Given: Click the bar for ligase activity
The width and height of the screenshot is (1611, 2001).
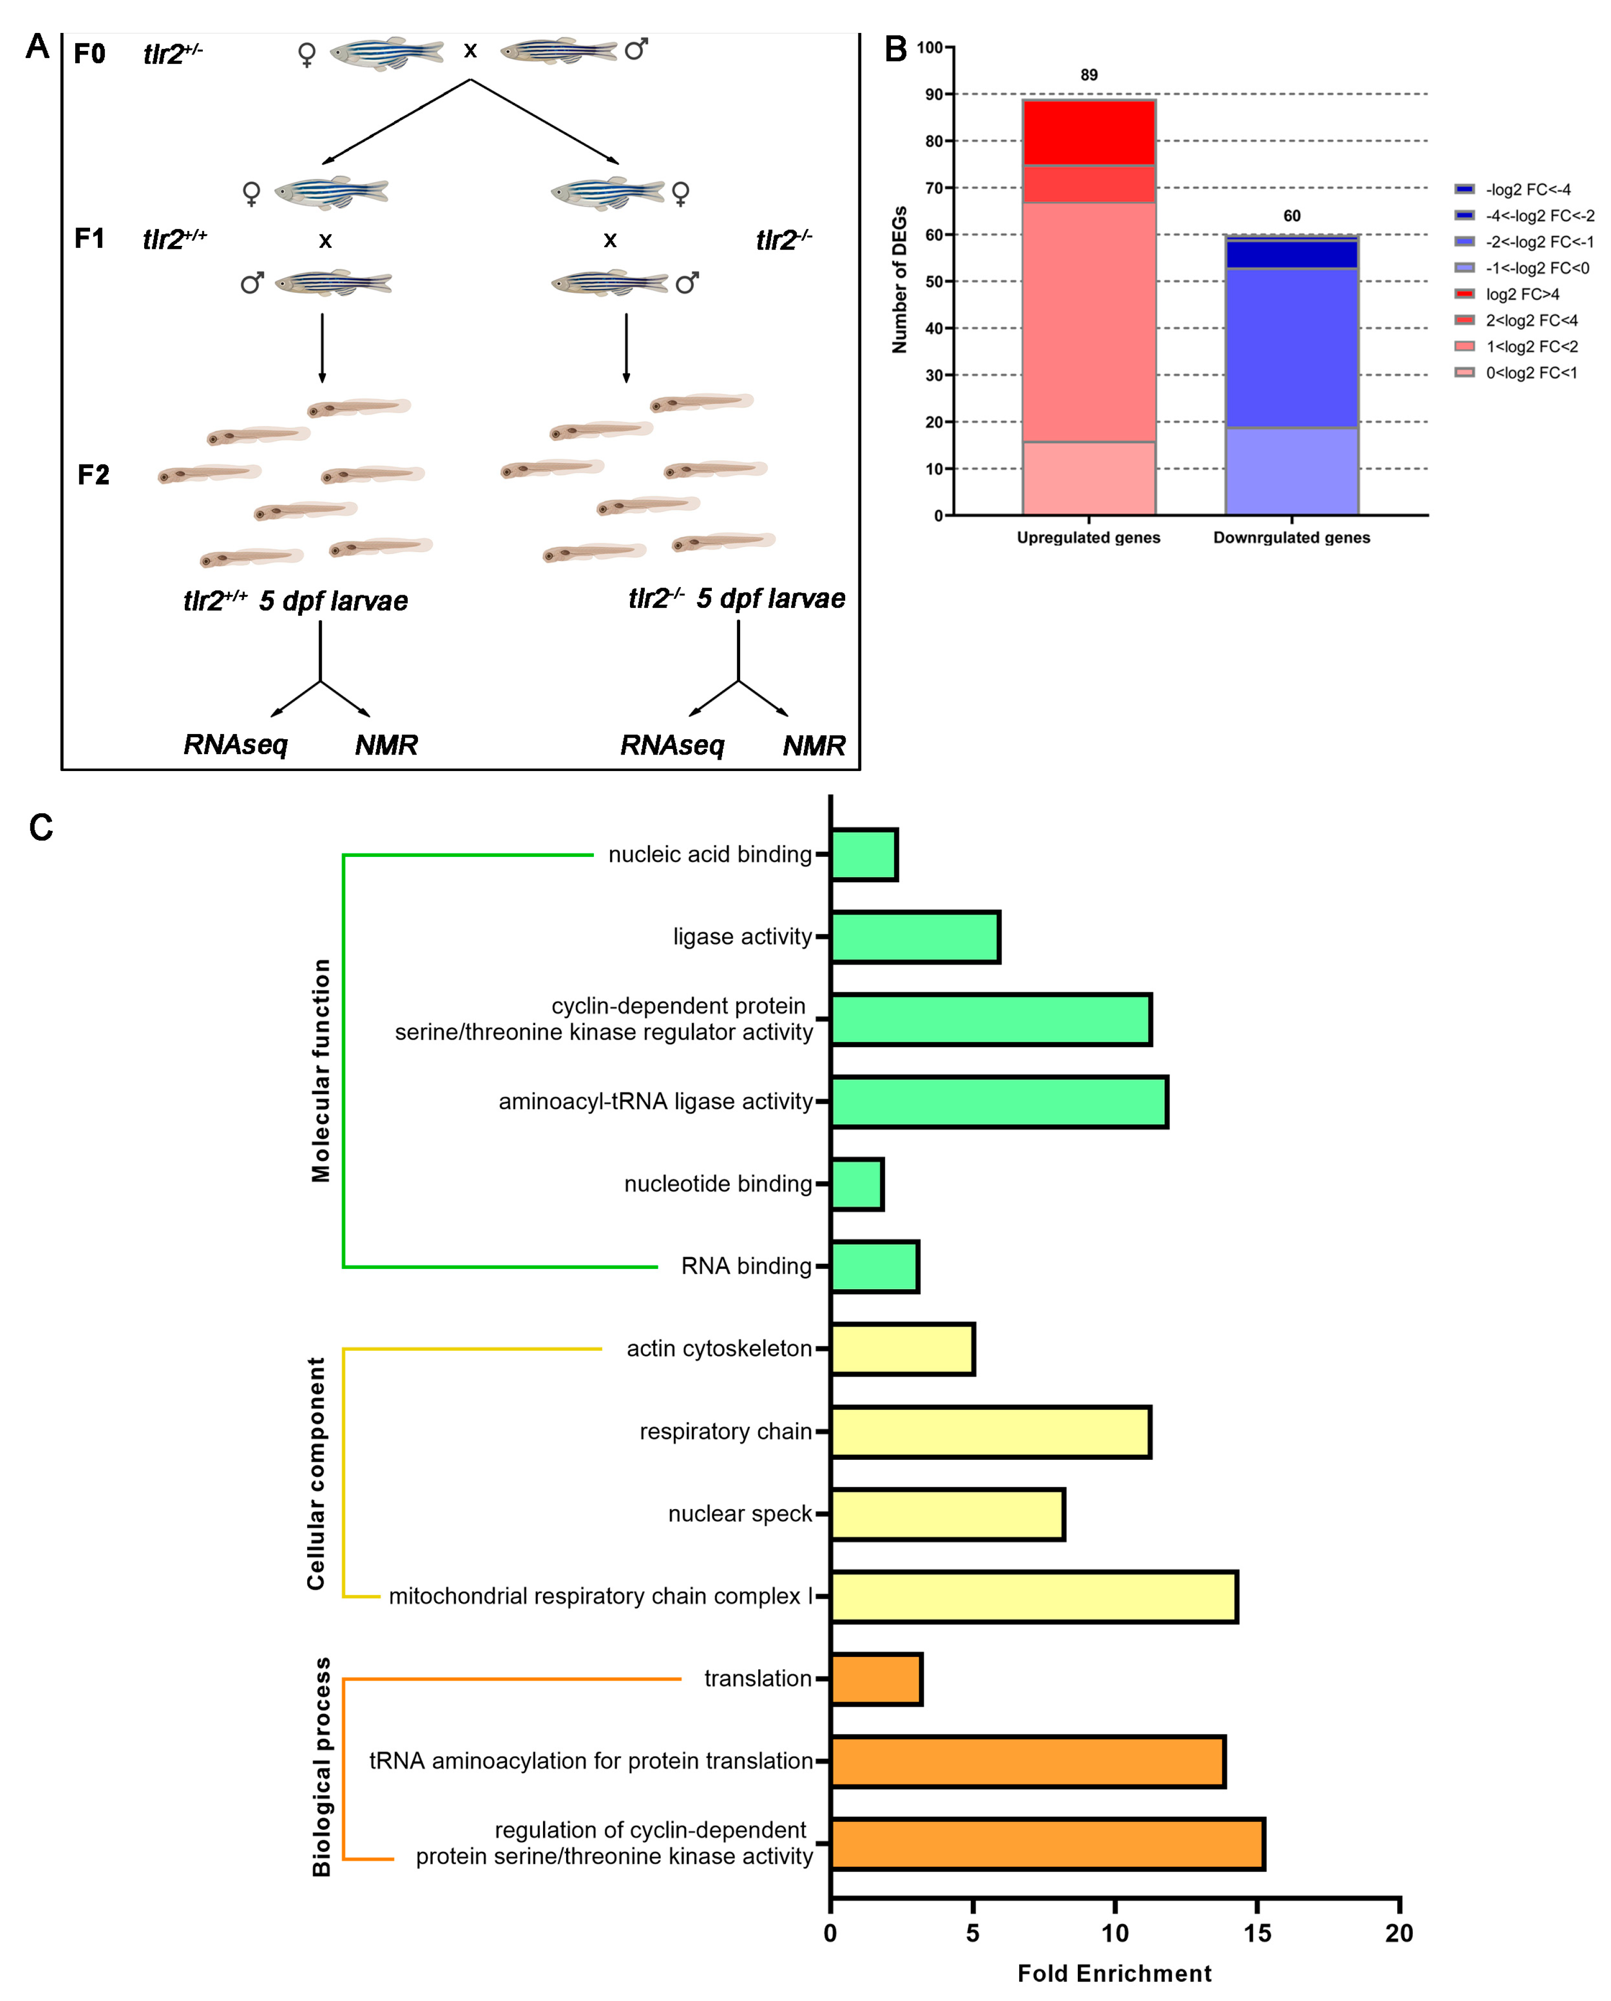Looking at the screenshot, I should coord(915,937).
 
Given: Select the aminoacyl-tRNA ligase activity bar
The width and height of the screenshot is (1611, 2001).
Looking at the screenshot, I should coord(998,1102).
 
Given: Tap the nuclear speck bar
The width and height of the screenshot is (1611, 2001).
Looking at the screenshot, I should coord(947,1514).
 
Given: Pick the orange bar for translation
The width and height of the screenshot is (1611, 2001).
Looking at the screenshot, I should coord(875,1679).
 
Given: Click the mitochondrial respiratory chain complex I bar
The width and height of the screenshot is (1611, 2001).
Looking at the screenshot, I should coord(1034,1596).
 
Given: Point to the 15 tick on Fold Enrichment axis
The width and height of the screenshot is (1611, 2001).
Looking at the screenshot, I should coord(1257,1933).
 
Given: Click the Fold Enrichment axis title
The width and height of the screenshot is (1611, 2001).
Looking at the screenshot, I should coord(1114,1973).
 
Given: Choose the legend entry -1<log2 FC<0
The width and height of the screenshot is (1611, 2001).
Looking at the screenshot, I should coord(1537,268).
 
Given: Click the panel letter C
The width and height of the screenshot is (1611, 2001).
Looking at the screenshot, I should coord(41,827).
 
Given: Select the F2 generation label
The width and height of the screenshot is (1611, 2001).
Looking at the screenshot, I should coord(93,475).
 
